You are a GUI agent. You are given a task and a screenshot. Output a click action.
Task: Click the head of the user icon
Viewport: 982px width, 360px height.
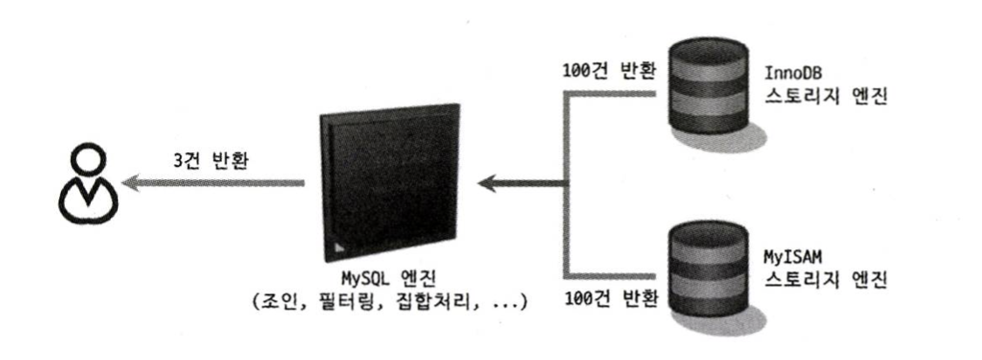[86, 158]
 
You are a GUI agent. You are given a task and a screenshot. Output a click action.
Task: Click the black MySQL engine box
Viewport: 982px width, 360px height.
[389, 183]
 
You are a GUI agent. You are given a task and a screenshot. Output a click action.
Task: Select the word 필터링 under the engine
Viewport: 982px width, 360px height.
[345, 304]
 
